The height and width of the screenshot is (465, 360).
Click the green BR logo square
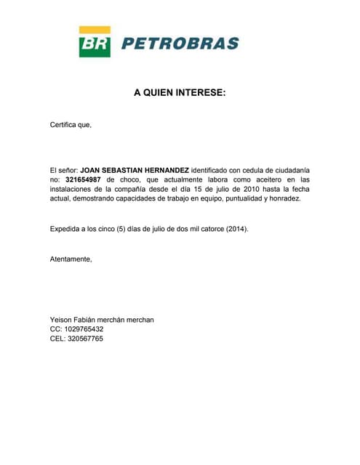point(95,42)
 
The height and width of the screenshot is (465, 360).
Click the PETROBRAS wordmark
point(180,44)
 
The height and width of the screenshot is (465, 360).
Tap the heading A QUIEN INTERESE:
point(180,93)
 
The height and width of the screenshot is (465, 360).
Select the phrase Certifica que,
point(71,124)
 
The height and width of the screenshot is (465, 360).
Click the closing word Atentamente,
point(71,259)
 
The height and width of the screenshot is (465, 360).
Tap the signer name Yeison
point(63,320)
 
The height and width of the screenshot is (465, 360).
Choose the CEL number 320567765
point(84,339)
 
